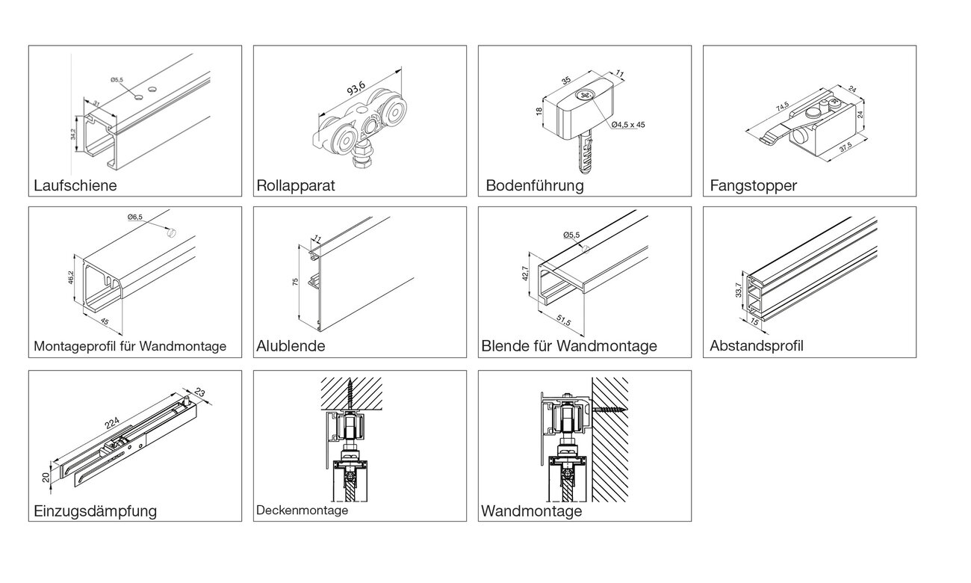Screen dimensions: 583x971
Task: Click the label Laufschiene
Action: [75, 185]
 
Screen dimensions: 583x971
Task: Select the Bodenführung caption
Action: [534, 185]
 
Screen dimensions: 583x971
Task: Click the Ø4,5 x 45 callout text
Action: [627, 125]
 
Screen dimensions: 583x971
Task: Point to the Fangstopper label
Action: [754, 185]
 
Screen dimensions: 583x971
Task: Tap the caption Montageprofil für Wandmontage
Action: [130, 347]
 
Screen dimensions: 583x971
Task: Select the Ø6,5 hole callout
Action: [134, 217]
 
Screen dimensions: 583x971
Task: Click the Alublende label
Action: [291, 347]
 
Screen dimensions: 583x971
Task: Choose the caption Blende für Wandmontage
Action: [569, 347]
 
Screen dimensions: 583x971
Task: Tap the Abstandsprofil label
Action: [757, 347]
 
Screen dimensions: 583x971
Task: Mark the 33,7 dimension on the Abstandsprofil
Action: [739, 290]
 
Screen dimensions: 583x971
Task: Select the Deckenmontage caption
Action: [302, 510]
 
